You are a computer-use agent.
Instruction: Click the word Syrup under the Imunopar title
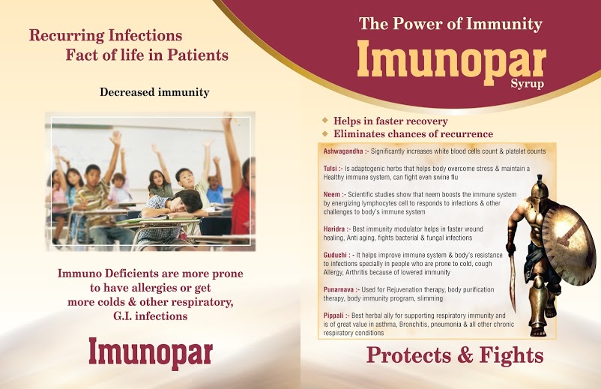tap(527, 84)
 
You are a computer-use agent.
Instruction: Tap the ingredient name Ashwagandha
tap(343, 151)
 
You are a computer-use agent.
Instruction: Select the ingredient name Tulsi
tap(330, 169)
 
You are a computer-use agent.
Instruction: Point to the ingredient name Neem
tap(331, 195)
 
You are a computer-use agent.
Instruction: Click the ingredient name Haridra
tap(333, 229)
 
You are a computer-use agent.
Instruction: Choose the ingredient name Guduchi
tap(335, 256)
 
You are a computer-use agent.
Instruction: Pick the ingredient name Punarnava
tap(339, 290)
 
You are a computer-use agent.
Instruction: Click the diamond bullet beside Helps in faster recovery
tap(325, 121)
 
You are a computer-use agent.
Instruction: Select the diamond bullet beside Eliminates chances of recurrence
tap(325, 133)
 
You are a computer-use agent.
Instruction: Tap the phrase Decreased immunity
tap(154, 92)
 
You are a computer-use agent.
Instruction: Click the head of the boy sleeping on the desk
tap(186, 201)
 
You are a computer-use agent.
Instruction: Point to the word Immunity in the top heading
tap(504, 24)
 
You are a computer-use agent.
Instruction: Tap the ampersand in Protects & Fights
tap(465, 355)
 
